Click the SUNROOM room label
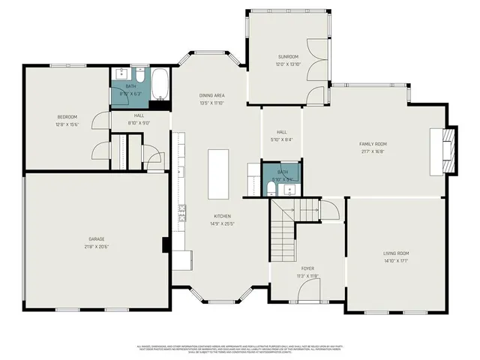click(x=288, y=56)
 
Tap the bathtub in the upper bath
click(x=160, y=84)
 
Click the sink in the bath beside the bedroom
click(x=121, y=73)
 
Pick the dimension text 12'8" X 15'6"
click(x=67, y=124)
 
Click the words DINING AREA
click(x=211, y=96)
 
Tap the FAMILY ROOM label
click(x=372, y=143)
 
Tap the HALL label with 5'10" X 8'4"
click(x=281, y=139)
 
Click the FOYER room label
click(x=308, y=268)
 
